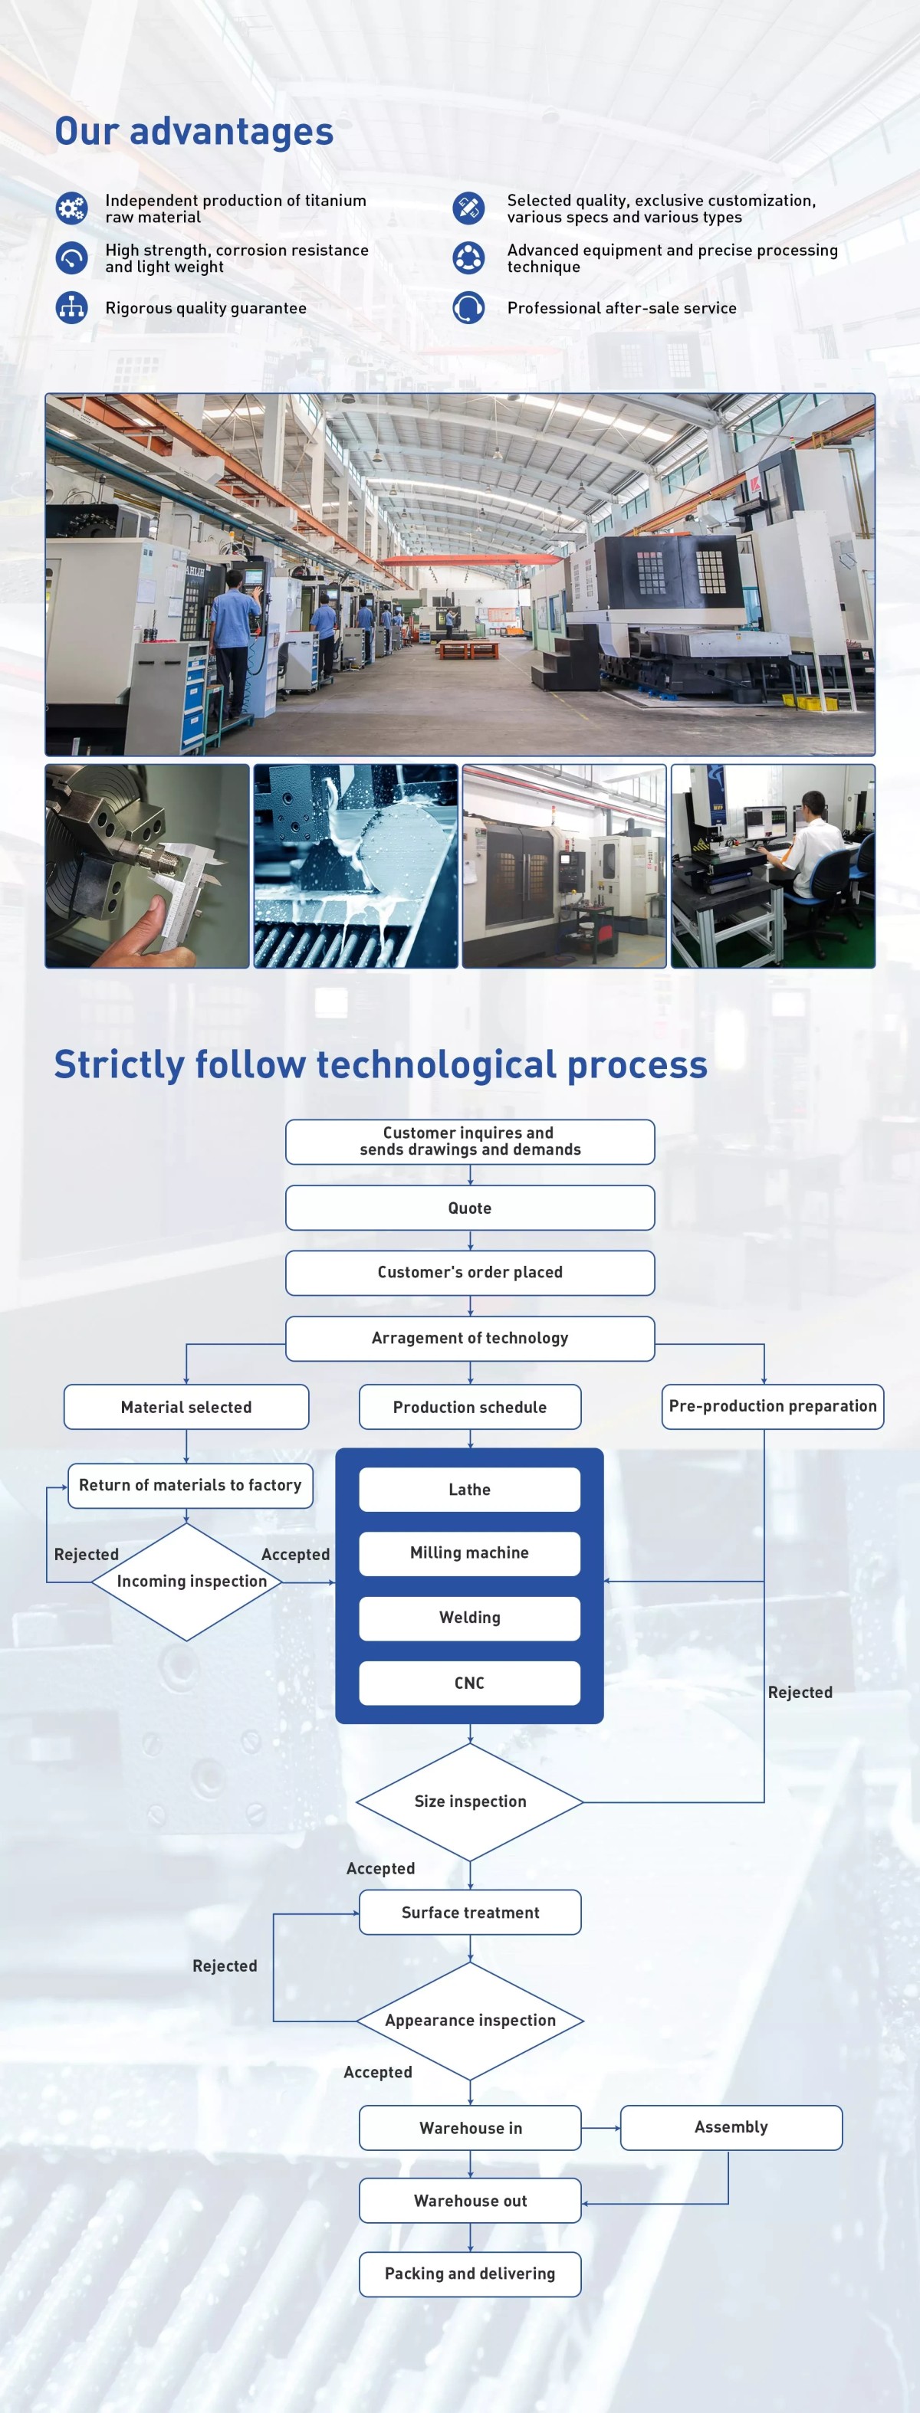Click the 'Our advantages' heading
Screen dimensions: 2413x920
[x=194, y=132]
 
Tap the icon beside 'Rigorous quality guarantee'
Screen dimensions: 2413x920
[x=72, y=307]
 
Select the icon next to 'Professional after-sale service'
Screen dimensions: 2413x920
[x=468, y=307]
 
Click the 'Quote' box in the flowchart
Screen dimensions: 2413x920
[x=469, y=1208]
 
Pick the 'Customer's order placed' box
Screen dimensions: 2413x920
[x=469, y=1272]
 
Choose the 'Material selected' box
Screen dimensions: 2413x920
[x=186, y=1406]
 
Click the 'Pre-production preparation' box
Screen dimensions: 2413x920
[x=772, y=1406]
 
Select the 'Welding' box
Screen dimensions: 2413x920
[x=469, y=1618]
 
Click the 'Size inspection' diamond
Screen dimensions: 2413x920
[x=469, y=1802]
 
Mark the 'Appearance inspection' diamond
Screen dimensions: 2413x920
[x=469, y=2021]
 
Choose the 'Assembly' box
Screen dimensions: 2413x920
[x=731, y=2127]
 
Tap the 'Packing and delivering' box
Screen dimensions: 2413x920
[x=469, y=2274]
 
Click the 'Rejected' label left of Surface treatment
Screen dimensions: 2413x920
[x=225, y=1965]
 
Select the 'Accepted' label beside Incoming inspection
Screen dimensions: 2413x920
[x=295, y=1554]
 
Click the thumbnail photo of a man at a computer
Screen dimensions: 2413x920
[x=773, y=866]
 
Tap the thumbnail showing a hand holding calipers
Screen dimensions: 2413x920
[x=147, y=866]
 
